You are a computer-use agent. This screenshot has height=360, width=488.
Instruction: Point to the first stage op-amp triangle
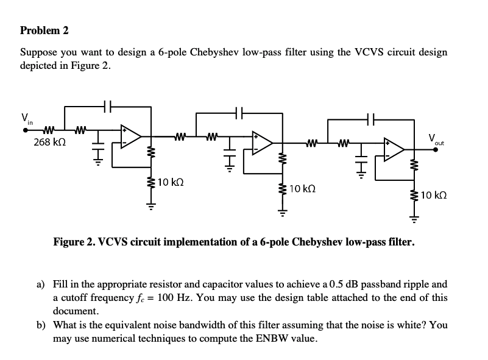pyautogui.click(x=131, y=136)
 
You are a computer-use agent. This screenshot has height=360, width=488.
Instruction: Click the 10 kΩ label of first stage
pyautogui.click(x=170, y=182)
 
